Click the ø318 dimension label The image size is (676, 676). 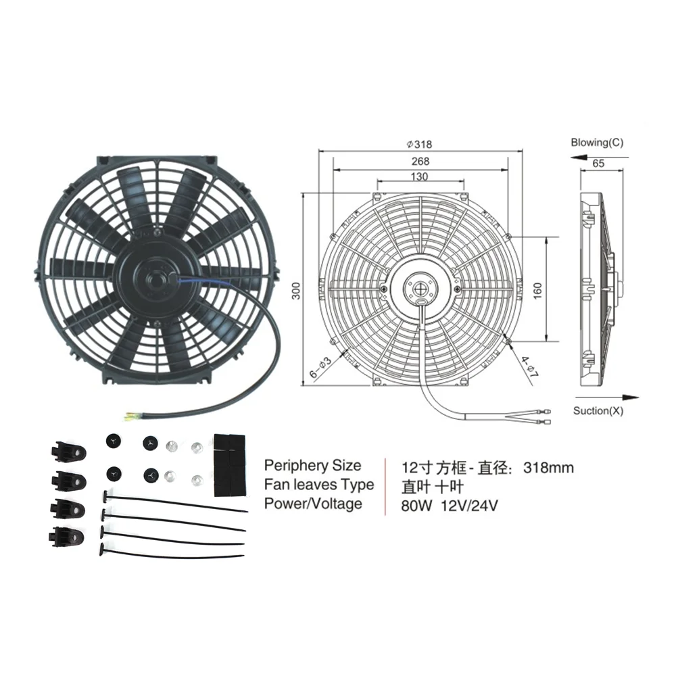(419, 144)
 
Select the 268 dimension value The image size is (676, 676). (420, 161)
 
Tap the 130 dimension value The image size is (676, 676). (419, 176)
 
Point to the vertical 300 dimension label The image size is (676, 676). (296, 290)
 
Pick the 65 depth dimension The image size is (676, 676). (598, 163)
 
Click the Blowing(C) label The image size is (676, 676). (597, 143)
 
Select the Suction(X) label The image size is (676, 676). (599, 410)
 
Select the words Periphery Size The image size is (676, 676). (312, 465)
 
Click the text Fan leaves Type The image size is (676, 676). (318, 485)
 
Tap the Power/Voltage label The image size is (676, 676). (313, 504)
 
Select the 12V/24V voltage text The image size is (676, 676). (471, 506)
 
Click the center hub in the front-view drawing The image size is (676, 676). (424, 291)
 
